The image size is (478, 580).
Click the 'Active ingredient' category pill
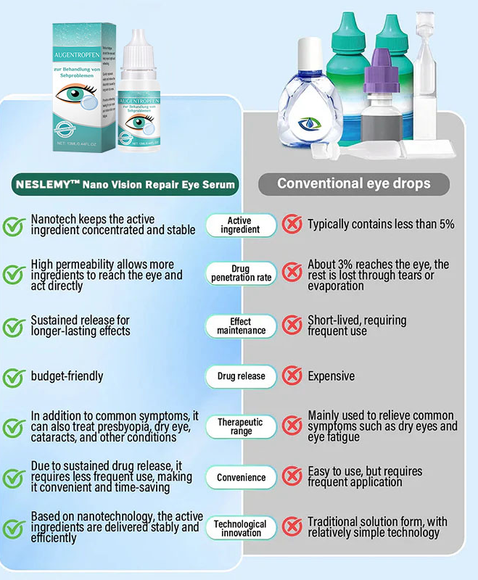(x=240, y=225)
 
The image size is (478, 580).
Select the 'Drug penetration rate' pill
(x=240, y=273)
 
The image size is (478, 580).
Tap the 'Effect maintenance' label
(x=240, y=326)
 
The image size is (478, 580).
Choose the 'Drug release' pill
(x=240, y=376)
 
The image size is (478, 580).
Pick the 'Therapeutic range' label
(x=240, y=426)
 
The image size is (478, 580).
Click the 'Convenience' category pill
(x=240, y=478)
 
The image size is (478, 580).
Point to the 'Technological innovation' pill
(x=240, y=529)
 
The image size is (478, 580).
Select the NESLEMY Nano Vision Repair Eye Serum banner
(x=125, y=184)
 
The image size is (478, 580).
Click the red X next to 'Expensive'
(x=292, y=376)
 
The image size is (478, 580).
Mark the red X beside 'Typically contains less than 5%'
(x=292, y=224)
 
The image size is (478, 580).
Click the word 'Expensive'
(x=331, y=376)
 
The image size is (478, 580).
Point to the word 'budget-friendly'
(x=67, y=376)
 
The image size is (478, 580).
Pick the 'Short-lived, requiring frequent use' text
(x=356, y=326)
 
